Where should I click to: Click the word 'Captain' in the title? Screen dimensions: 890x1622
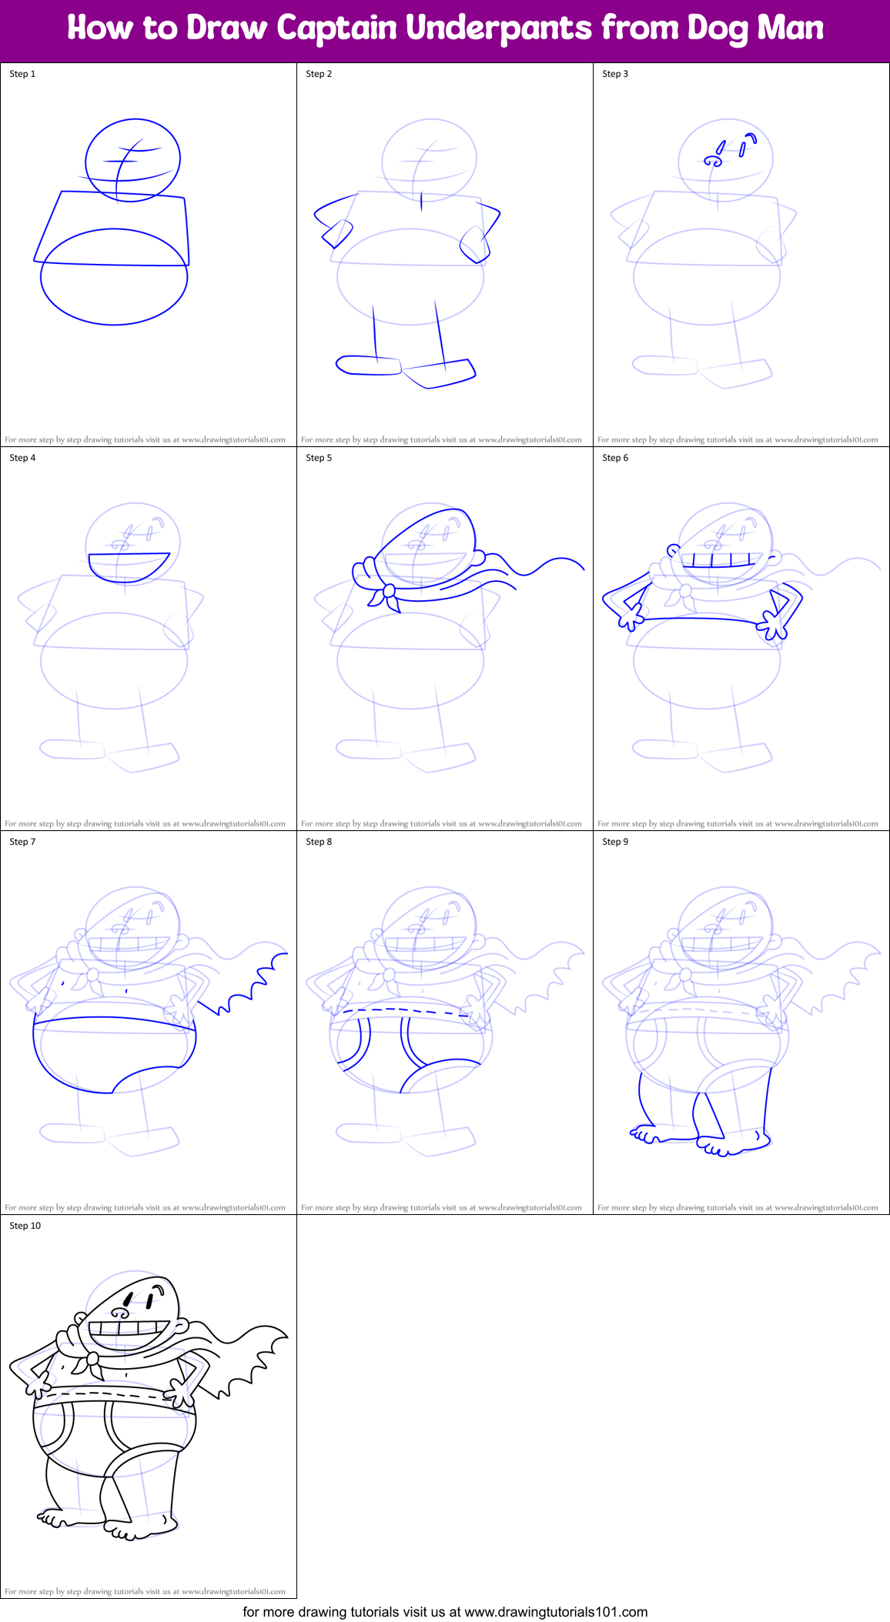(336, 28)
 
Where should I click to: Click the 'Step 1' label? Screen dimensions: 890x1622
(22, 74)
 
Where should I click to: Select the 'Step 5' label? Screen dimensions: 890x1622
(319, 458)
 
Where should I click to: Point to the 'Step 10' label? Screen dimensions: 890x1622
(25, 1226)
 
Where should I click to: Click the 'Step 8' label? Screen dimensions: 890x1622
(319, 842)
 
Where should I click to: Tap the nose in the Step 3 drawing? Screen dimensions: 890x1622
(714, 161)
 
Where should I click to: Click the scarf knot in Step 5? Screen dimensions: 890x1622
(390, 591)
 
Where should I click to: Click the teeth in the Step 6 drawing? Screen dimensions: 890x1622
(718, 559)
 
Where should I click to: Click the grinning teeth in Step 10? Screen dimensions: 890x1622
(129, 1329)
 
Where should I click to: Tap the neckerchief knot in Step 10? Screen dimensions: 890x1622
(92, 1359)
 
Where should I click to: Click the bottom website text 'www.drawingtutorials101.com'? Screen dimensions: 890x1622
(556, 1611)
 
